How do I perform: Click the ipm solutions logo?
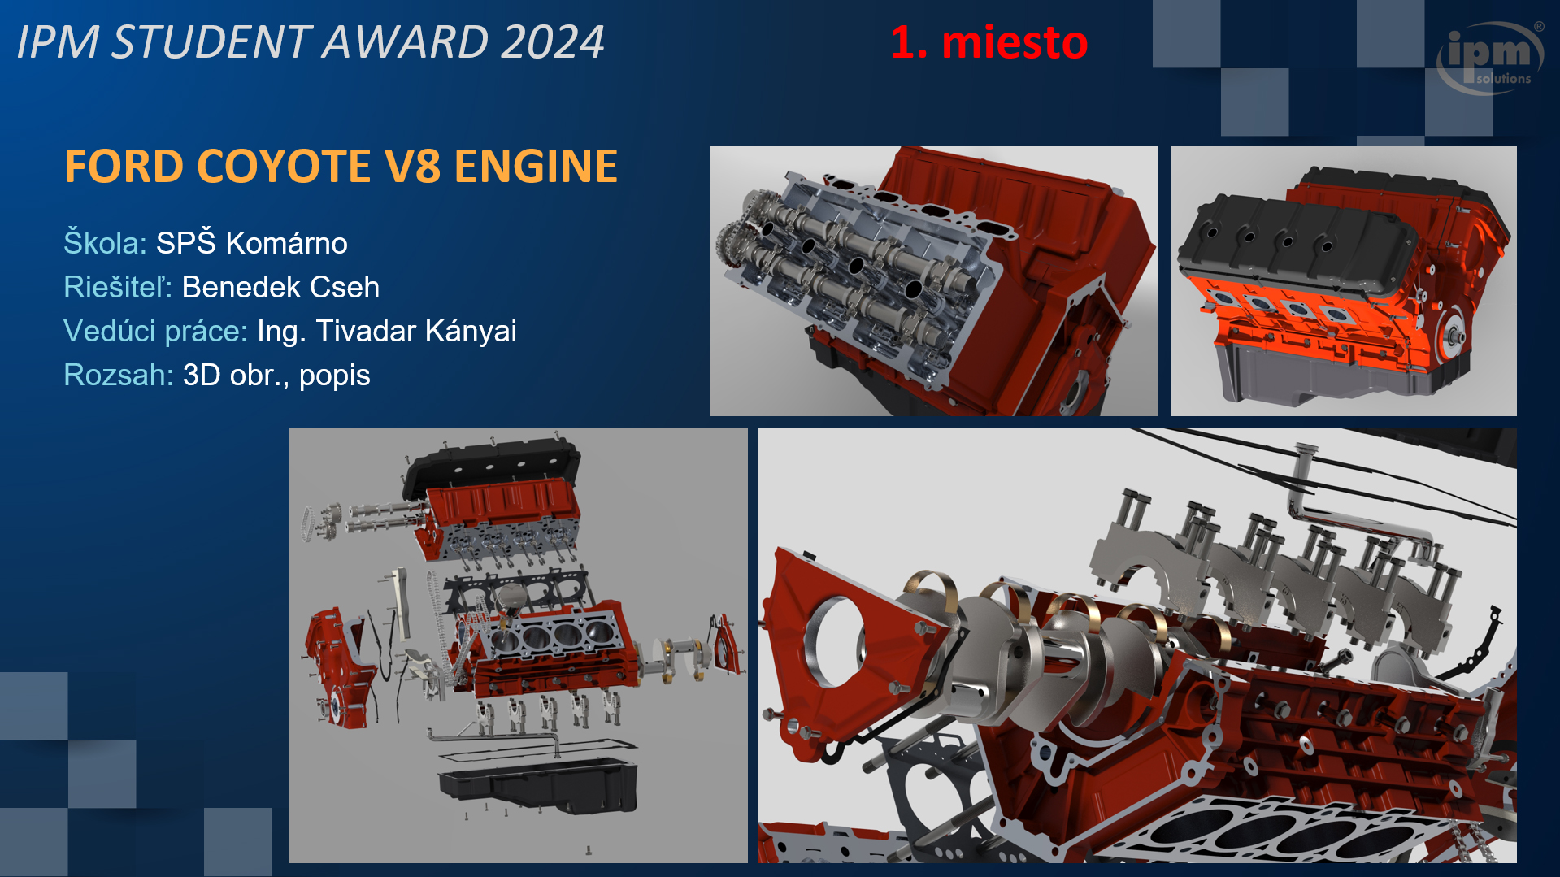click(1490, 57)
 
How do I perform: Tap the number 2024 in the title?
click(552, 41)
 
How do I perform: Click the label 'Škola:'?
click(105, 242)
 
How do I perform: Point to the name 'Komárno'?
click(286, 243)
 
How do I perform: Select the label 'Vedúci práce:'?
click(155, 331)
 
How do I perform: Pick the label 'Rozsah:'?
click(119, 375)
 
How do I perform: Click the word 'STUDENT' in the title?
click(211, 41)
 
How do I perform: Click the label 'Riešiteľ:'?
click(118, 287)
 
